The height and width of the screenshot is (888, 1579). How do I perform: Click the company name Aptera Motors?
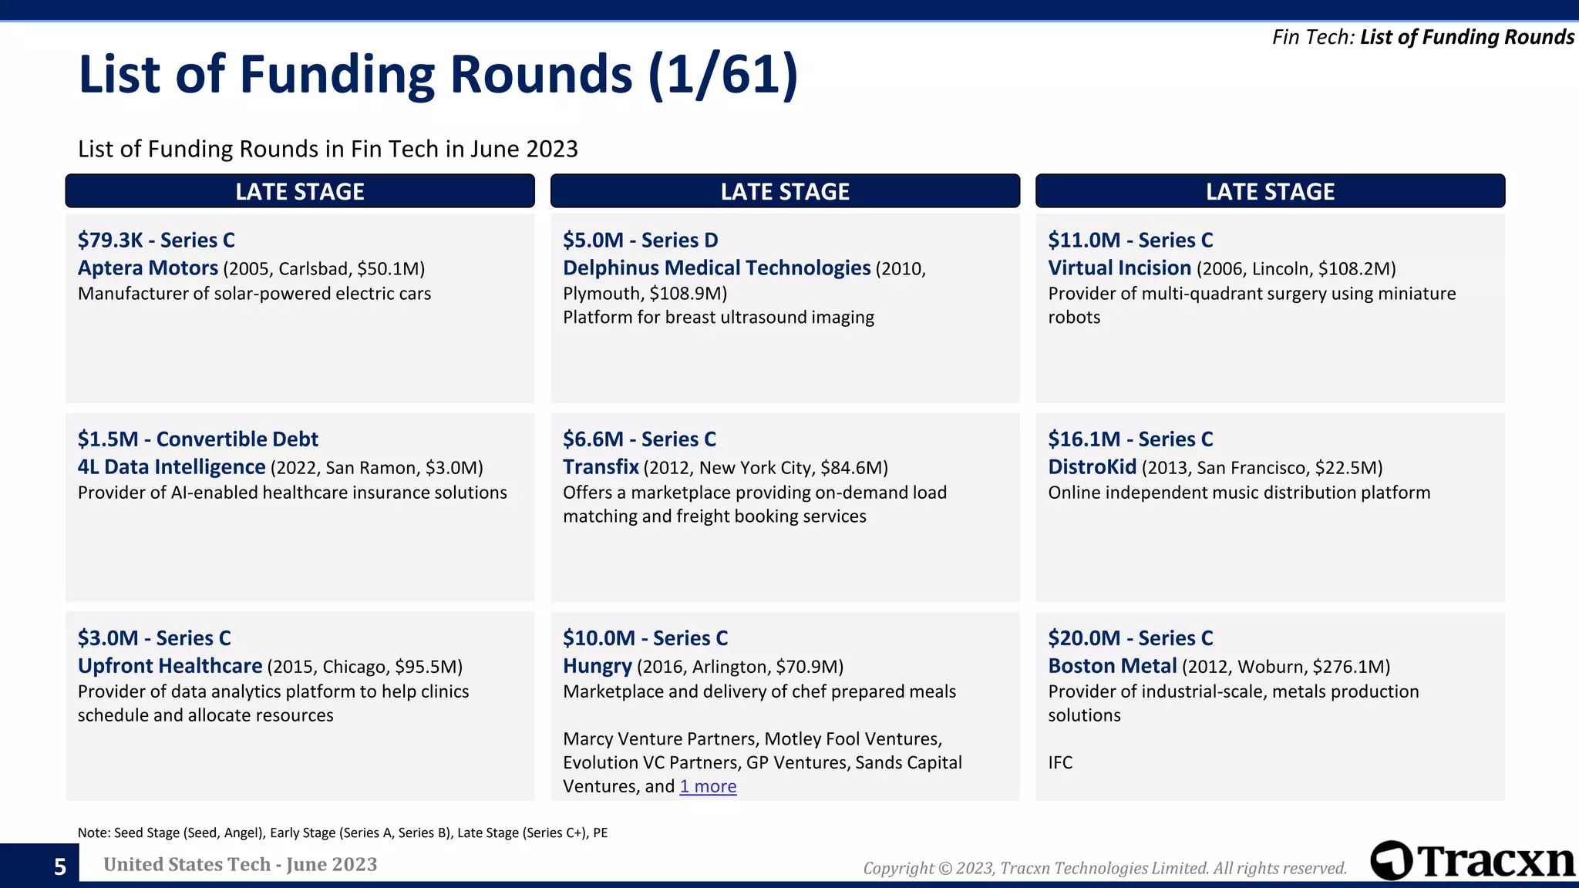(148, 268)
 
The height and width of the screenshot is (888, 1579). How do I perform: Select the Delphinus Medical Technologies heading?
(716, 268)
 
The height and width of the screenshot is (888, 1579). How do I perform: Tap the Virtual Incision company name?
(1119, 268)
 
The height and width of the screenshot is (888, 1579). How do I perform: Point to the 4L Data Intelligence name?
(171, 467)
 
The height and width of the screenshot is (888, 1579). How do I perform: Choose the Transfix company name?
(601, 467)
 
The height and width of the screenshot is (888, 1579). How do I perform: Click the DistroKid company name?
(1092, 467)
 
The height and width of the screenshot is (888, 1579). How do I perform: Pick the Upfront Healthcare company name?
(170, 666)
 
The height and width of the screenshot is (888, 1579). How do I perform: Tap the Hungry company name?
(597, 666)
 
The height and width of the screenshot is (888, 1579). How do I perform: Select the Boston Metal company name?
(1112, 666)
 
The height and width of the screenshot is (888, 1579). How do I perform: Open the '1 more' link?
(708, 786)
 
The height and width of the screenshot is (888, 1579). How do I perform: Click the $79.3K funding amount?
(110, 240)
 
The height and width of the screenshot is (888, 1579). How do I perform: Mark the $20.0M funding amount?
(1084, 638)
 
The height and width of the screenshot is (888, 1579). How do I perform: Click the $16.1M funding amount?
(1084, 439)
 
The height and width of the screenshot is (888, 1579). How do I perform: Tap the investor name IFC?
(1060, 762)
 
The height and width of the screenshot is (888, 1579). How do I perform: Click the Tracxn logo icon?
(1392, 860)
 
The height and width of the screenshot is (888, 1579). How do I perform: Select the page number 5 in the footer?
(60, 867)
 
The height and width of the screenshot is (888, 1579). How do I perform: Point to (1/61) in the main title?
(723, 75)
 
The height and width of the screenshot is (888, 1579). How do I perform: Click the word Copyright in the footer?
(897, 869)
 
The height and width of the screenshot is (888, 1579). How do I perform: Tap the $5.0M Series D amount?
(593, 240)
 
